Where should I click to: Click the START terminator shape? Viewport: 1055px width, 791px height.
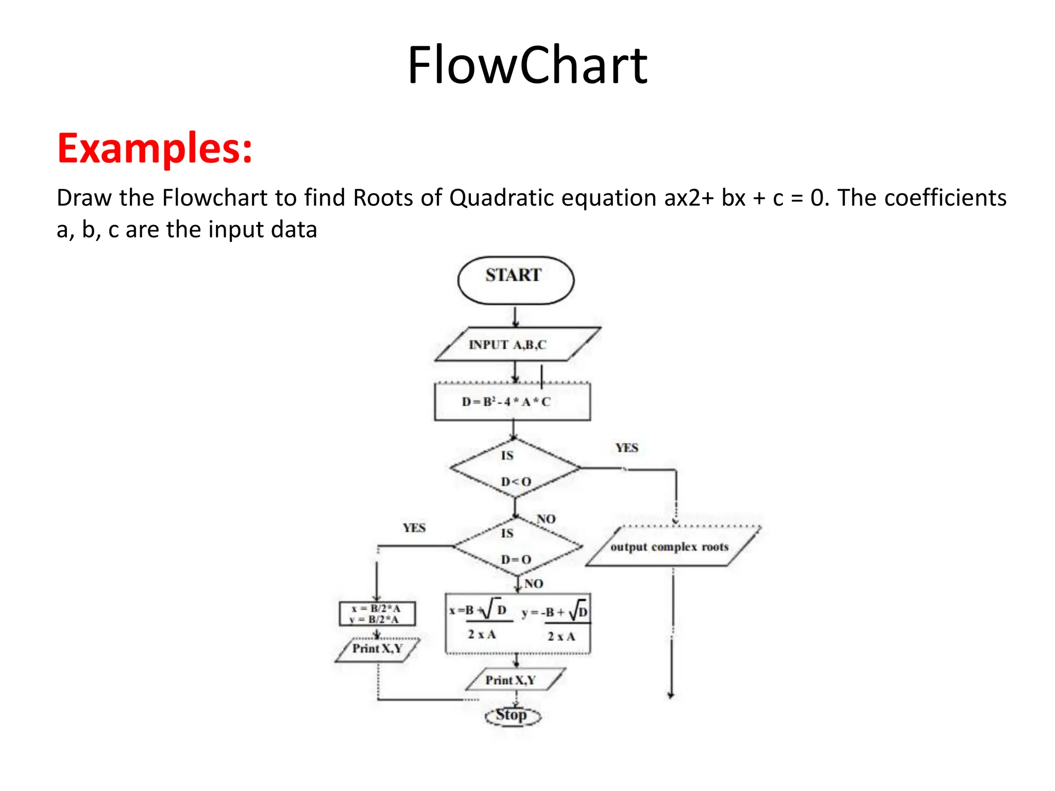(x=516, y=280)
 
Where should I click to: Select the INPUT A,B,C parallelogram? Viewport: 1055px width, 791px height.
(x=517, y=344)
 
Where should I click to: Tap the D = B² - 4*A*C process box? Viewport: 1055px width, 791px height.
(x=512, y=402)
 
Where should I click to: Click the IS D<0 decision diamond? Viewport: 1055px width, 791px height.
(x=515, y=468)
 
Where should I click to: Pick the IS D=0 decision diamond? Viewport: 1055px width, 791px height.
(x=517, y=546)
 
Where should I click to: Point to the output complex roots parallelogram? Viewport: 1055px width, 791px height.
(x=672, y=546)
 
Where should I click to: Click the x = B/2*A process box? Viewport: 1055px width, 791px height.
(x=377, y=614)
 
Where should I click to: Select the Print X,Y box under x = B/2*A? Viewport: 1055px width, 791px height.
(x=377, y=649)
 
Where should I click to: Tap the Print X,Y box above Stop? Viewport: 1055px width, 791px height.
(x=515, y=680)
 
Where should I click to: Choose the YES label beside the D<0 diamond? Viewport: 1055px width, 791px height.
(x=627, y=448)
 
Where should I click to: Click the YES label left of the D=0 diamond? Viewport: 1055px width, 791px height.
(x=414, y=528)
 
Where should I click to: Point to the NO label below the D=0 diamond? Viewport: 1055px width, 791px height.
(x=534, y=583)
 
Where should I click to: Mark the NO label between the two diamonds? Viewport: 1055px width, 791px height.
(x=546, y=519)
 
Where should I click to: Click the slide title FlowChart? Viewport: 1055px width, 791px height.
(x=527, y=65)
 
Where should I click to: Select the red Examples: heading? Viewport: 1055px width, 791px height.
(x=155, y=148)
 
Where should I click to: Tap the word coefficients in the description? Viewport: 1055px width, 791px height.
(x=922, y=198)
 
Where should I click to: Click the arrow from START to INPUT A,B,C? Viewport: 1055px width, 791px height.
(x=516, y=316)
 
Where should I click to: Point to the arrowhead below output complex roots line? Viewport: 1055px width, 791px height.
(x=671, y=695)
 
